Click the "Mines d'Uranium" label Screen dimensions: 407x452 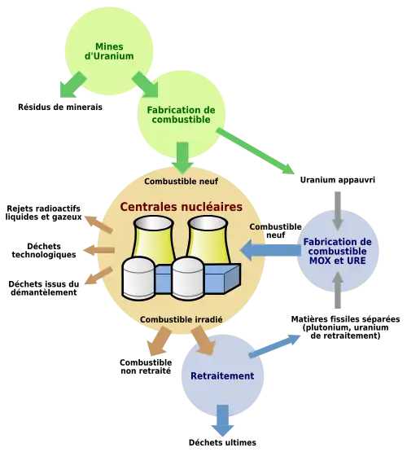(109, 51)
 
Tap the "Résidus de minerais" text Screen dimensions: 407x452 (60, 107)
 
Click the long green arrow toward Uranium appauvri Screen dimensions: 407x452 (256, 151)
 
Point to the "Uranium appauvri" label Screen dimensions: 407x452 (338, 180)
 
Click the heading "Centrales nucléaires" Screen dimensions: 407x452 (182, 207)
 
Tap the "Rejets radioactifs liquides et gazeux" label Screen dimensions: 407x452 (43, 213)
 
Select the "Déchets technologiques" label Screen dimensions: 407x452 (44, 250)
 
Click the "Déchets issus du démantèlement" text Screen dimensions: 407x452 (44, 288)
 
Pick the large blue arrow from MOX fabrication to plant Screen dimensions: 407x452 (270, 250)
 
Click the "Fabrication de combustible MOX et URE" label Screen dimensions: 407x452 (337, 251)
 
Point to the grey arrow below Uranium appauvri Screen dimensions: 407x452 (338, 211)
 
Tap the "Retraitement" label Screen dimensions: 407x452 (222, 376)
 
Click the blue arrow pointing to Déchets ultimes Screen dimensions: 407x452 (223, 420)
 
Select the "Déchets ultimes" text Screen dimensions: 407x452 (222, 442)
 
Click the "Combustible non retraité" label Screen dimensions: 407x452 (146, 366)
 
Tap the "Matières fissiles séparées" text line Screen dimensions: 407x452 (345, 319)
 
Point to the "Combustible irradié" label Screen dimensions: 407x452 (182, 320)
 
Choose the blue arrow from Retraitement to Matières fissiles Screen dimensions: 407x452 (275, 346)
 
